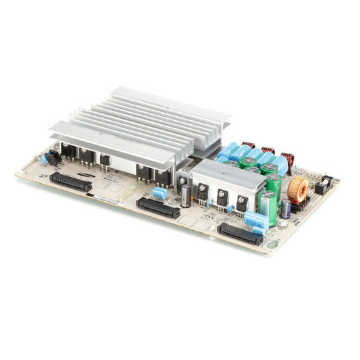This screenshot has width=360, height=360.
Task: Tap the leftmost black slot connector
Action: (x=70, y=181)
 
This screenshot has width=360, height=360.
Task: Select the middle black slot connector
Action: (x=157, y=207)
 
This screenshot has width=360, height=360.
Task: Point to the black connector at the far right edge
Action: (x=324, y=184)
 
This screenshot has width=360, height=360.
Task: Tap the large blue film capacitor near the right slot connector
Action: (x=255, y=219)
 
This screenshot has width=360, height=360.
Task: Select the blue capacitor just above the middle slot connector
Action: (x=160, y=194)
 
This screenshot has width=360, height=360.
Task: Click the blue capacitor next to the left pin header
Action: (x=45, y=159)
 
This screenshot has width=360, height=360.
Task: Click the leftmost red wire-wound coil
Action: (x=249, y=145)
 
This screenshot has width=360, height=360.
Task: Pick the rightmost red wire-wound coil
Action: (x=287, y=161)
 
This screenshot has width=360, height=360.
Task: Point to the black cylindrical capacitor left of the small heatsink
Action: (x=185, y=196)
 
